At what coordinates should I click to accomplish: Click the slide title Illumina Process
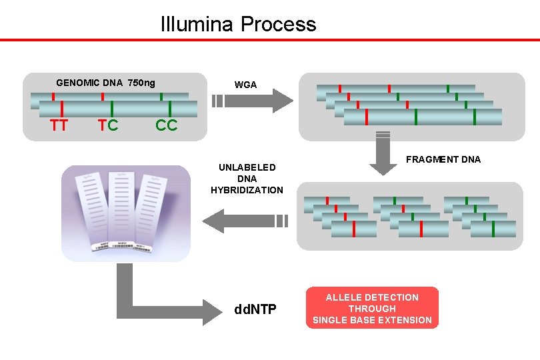(x=238, y=25)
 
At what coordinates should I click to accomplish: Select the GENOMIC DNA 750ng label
(x=105, y=83)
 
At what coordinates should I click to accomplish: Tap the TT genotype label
(x=59, y=125)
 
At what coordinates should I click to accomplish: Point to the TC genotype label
(x=108, y=125)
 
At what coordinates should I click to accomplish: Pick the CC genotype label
(x=166, y=125)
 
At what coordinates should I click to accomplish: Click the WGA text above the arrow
(x=245, y=85)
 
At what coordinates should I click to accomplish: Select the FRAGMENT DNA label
(x=443, y=159)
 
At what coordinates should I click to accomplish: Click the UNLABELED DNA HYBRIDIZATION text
(x=247, y=179)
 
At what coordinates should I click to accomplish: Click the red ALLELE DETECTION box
(x=372, y=309)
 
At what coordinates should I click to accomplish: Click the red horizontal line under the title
(x=270, y=39)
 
